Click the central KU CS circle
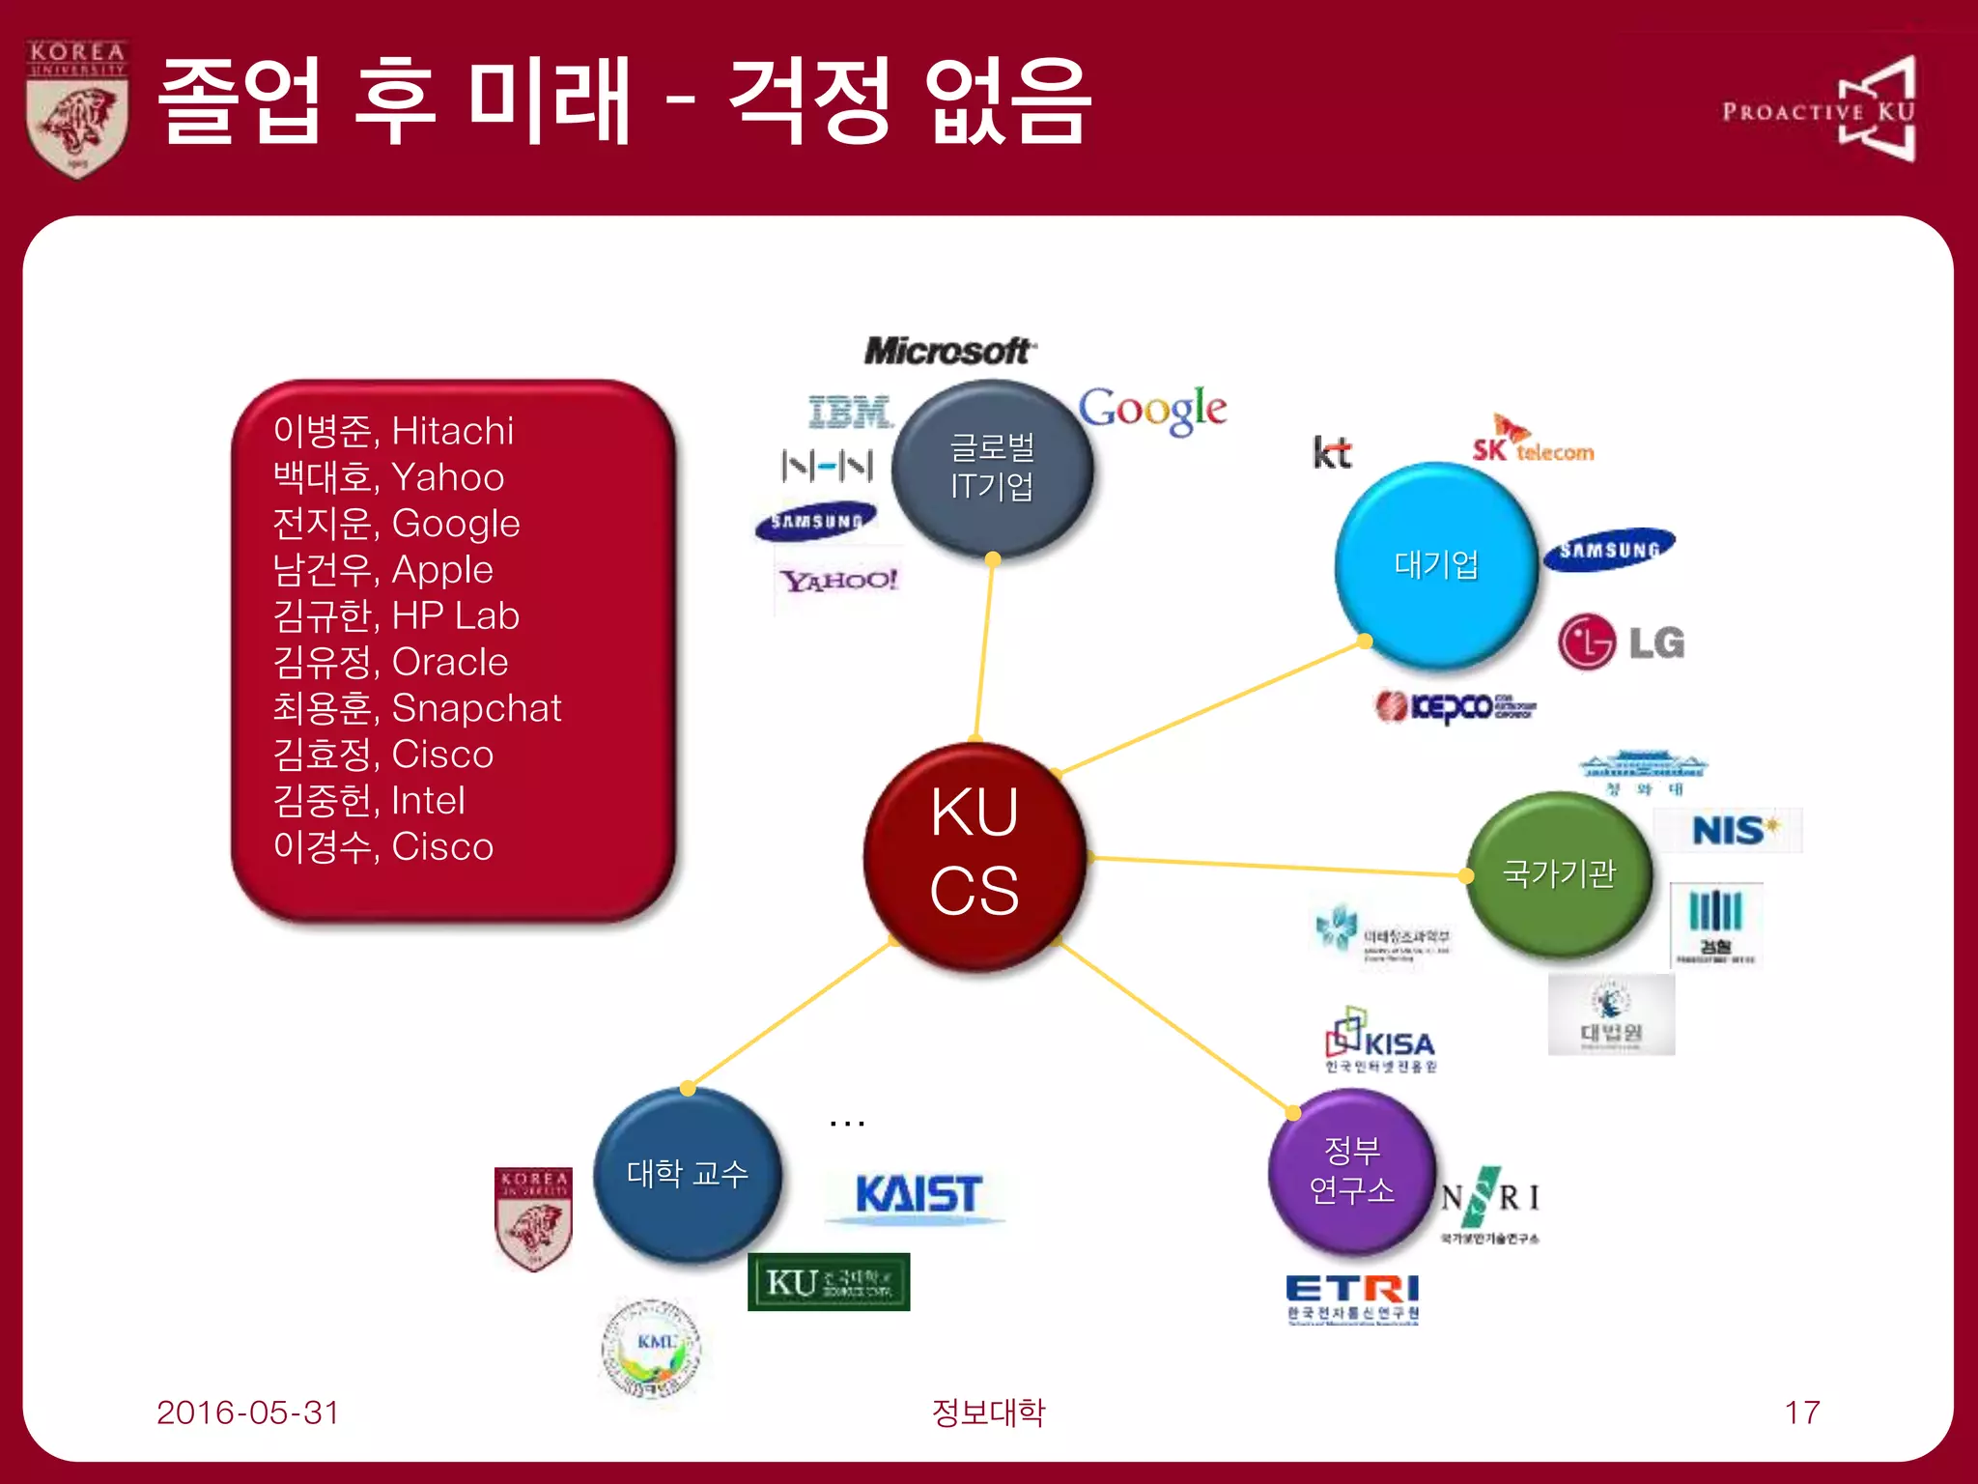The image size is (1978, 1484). coord(975,854)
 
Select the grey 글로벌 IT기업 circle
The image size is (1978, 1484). coord(992,468)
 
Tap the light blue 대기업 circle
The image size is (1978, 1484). coord(1436,565)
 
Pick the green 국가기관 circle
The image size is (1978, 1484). coord(1558,873)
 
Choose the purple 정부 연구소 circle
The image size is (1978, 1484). coord(1351,1170)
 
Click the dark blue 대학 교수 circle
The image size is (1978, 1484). coord(687,1173)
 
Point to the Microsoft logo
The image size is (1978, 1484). coord(949,351)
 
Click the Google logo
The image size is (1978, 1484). coord(1152,410)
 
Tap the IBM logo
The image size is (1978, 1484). coord(850,413)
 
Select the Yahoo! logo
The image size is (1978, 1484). coord(838,581)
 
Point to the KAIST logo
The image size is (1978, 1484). coord(918,1195)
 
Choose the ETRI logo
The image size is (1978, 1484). coord(1352,1296)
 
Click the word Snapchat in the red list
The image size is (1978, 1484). coord(476,708)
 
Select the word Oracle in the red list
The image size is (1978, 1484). coord(450,662)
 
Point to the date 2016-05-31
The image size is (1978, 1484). coord(247,1413)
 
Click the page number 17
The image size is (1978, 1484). coord(1801,1413)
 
